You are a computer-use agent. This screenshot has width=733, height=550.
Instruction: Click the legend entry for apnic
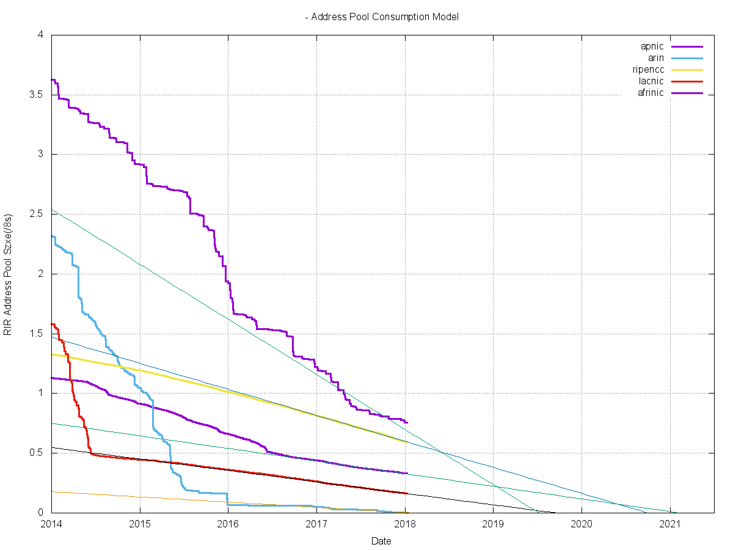point(652,46)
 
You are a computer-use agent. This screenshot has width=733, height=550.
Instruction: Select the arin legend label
point(655,58)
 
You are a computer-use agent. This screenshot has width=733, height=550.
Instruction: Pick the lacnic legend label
point(652,81)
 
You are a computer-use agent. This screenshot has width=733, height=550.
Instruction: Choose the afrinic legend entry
point(651,93)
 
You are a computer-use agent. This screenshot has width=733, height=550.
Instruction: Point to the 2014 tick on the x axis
point(51,524)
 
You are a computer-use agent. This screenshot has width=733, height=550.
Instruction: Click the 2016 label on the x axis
point(228,524)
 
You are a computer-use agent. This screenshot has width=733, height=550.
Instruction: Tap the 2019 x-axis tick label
point(493,524)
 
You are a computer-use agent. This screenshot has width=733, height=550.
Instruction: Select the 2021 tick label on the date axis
point(670,524)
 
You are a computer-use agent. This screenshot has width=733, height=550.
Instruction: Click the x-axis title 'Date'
point(382,541)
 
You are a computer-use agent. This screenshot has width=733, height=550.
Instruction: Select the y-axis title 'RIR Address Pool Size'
point(9,274)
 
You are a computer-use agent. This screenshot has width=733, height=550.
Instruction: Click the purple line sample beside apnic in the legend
point(687,46)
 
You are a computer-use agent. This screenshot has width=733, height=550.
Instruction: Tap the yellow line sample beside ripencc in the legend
point(687,70)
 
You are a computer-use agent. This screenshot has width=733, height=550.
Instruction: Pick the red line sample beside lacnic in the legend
point(687,81)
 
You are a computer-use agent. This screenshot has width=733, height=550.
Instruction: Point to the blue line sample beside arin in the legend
point(687,58)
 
